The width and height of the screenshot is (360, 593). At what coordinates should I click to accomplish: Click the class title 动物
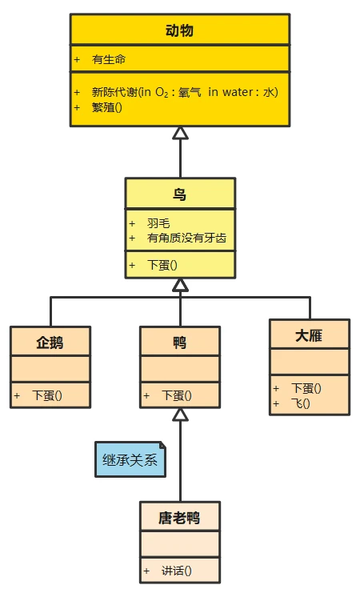pos(179,31)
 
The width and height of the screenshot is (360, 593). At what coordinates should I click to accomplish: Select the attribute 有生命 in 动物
pos(109,59)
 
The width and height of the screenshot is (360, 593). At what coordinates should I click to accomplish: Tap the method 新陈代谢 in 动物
pos(184,91)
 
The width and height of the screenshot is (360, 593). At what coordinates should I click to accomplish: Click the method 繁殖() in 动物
pos(107,107)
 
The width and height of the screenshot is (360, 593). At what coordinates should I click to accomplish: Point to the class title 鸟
pos(180,194)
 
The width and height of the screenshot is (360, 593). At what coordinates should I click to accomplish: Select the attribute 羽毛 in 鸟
pos(158,223)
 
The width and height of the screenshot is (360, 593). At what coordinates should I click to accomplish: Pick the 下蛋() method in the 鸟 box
pos(162,265)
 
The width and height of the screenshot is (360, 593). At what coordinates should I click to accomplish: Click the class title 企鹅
pos(50,343)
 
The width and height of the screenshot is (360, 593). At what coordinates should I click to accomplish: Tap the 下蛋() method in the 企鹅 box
pos(47,395)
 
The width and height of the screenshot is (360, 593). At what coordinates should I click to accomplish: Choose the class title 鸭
pos(180,343)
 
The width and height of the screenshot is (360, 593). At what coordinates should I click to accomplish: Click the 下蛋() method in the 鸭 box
pos(177,395)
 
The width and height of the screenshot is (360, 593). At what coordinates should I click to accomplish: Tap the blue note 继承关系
pos(130,460)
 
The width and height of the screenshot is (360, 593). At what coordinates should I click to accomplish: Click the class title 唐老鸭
pos(179,518)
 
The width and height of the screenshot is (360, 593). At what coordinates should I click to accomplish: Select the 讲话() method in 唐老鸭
pos(177,570)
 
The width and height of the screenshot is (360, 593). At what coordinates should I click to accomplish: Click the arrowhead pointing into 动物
pos(180,133)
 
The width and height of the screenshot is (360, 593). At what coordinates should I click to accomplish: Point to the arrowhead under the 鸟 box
pos(180,285)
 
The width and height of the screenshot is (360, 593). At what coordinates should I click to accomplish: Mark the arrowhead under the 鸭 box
pos(180,415)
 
